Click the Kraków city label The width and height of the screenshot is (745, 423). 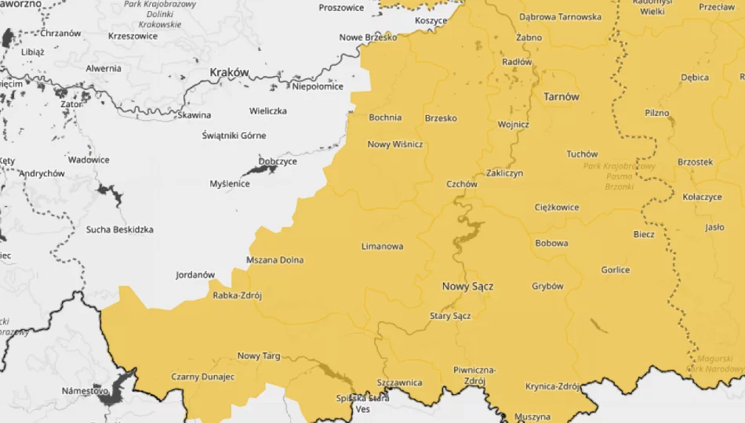click(229, 72)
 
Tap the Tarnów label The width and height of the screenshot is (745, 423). click(561, 96)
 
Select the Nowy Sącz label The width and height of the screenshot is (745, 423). click(467, 286)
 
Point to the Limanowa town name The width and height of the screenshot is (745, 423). click(382, 246)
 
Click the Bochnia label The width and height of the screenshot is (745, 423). click(385, 117)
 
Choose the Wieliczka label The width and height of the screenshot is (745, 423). click(268, 111)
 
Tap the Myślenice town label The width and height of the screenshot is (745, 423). click(230, 183)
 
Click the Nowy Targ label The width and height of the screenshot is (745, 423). click(259, 356)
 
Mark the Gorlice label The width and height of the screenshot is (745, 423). click(616, 269)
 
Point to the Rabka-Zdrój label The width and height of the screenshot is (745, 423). click(237, 295)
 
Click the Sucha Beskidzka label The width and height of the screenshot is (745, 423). click(120, 230)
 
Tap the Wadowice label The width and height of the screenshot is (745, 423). click(89, 160)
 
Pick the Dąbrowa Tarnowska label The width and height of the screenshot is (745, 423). click(560, 16)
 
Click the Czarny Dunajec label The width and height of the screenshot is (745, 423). click(203, 376)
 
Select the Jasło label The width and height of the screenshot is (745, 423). click(714, 227)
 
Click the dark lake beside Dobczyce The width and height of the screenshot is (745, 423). click(258, 169)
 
